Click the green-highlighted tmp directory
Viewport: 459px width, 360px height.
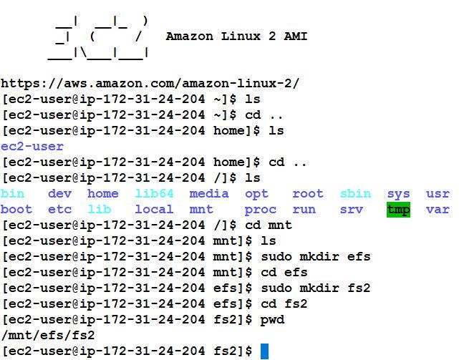click(x=398, y=210)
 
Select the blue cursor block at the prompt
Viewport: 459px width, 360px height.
click(x=264, y=351)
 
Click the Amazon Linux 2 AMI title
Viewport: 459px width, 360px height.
click(x=236, y=36)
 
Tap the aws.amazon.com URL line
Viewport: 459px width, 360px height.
click(x=150, y=83)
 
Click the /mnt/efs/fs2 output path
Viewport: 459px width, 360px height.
click(x=48, y=335)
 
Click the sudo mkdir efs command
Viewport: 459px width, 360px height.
click(x=316, y=256)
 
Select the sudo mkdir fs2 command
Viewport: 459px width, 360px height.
click(x=316, y=288)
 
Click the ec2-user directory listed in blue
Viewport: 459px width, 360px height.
click(x=32, y=147)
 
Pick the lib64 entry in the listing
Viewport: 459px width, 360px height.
click(x=154, y=193)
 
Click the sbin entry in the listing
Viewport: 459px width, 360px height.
click(x=355, y=193)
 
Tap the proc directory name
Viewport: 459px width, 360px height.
click(x=260, y=210)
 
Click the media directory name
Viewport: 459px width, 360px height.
click(x=208, y=193)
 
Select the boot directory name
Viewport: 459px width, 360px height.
click(x=16, y=210)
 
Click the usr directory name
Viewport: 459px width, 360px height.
click(x=438, y=193)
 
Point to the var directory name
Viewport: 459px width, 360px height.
click(x=438, y=210)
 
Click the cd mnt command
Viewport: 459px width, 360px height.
click(x=269, y=225)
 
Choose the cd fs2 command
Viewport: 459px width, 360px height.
click(x=284, y=303)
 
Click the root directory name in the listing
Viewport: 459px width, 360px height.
click(x=308, y=193)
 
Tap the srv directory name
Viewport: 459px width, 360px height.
click(x=352, y=210)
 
